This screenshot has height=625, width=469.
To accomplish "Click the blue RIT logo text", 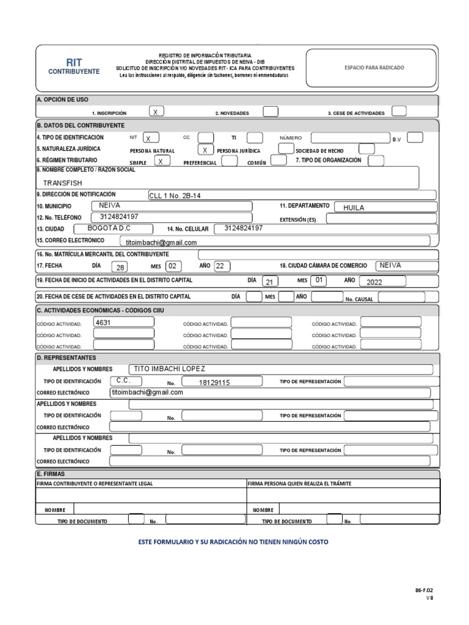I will [73, 62].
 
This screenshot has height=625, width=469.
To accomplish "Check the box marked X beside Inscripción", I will [157, 112].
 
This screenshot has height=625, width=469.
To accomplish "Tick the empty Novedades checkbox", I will [270, 112].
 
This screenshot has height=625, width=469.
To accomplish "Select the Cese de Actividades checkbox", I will [399, 111].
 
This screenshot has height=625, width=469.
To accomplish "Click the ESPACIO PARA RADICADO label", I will [374, 68].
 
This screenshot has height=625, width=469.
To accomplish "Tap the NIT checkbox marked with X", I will [151, 138].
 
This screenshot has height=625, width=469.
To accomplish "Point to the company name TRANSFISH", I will [62, 182].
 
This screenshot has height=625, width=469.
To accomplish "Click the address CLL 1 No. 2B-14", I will [175, 195].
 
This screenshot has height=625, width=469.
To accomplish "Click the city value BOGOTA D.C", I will [109, 228].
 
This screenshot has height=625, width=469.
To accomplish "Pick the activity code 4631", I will [103, 322].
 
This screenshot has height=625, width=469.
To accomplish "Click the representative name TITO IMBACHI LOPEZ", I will [169, 369].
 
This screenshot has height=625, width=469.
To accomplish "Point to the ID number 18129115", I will [214, 383].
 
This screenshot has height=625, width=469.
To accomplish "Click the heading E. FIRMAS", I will [51, 474].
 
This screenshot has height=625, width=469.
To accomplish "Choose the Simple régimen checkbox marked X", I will [160, 162].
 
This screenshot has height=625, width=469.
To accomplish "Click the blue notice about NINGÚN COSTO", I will [237, 541].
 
